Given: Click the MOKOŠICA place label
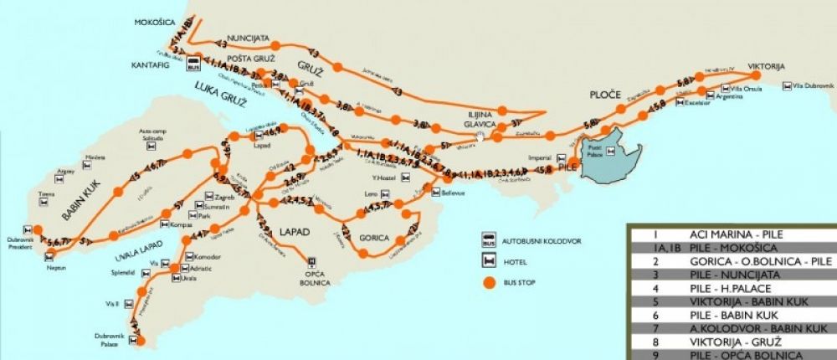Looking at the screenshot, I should (151, 23).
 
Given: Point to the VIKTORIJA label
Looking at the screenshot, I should (767, 65).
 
